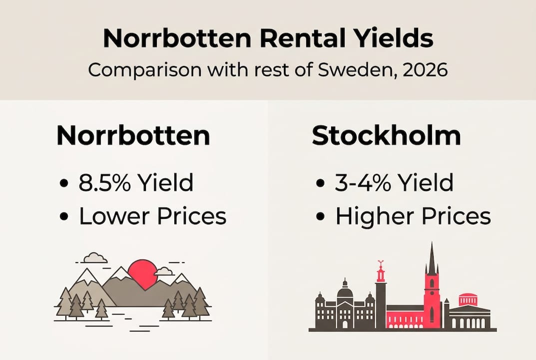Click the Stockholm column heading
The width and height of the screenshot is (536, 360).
(386, 136)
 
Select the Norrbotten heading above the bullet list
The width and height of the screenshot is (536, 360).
(133, 136)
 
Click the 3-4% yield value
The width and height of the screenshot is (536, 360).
(363, 183)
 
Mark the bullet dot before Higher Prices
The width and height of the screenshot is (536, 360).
(321, 217)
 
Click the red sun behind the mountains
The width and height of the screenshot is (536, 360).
(143, 273)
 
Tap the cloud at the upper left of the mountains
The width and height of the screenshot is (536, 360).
(95, 258)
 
